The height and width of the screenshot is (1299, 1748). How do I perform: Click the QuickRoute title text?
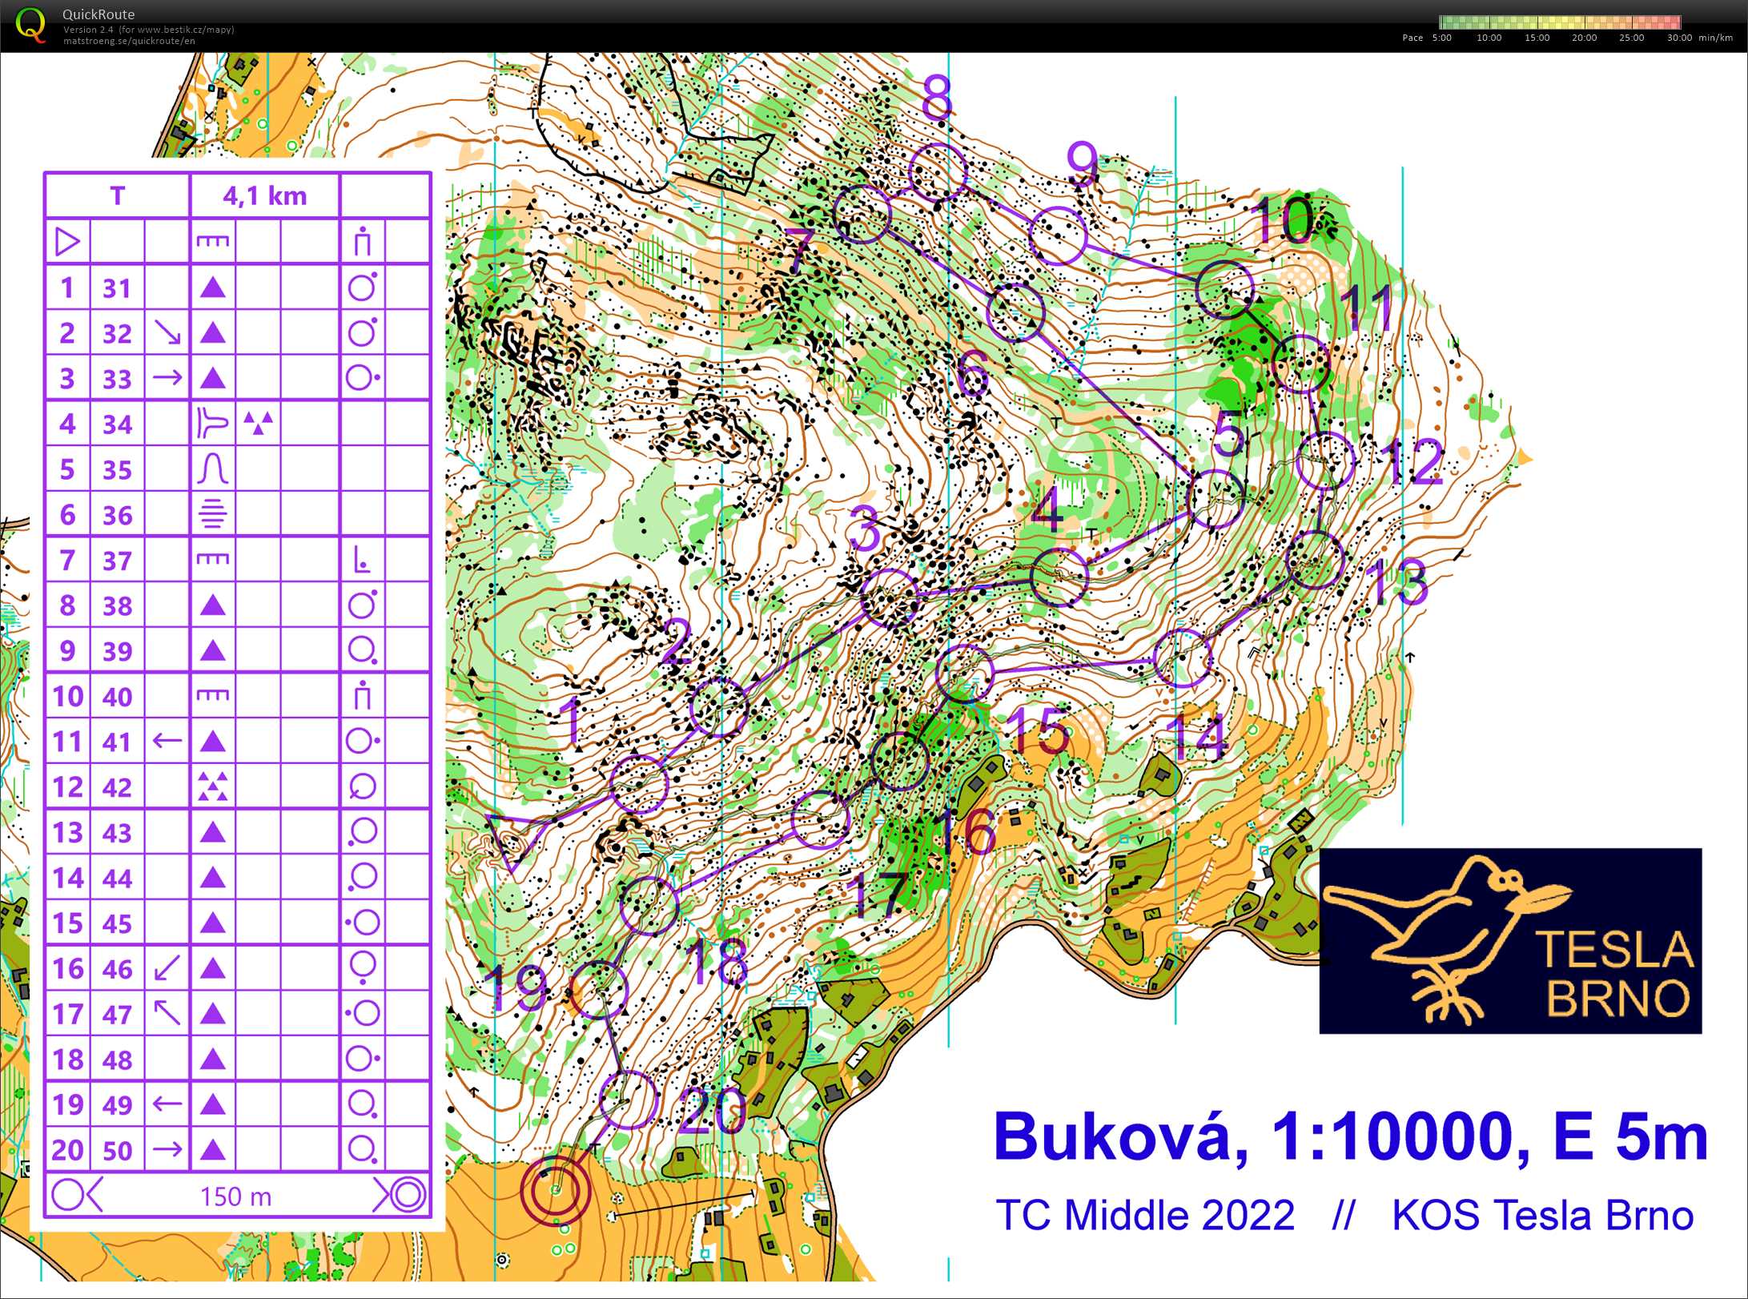(98, 14)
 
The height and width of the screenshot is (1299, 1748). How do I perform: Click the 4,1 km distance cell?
(264, 195)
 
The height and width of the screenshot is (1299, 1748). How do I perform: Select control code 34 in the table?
(117, 424)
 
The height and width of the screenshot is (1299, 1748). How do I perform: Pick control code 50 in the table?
(117, 1150)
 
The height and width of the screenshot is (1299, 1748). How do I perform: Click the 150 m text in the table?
(235, 1196)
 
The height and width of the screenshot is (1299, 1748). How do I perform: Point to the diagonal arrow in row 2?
(167, 332)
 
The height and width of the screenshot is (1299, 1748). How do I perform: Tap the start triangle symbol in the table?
(67, 241)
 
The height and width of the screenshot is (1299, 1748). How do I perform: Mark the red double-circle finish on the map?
(556, 1190)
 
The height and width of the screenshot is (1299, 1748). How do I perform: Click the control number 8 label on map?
(936, 98)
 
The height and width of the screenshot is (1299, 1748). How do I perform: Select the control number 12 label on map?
(1416, 461)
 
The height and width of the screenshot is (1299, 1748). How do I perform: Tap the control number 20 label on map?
(713, 1111)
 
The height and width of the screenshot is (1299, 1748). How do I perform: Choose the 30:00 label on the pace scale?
(1679, 38)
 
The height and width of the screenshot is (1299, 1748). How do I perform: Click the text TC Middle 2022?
(1145, 1215)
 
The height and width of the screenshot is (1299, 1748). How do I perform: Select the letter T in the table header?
(117, 195)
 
